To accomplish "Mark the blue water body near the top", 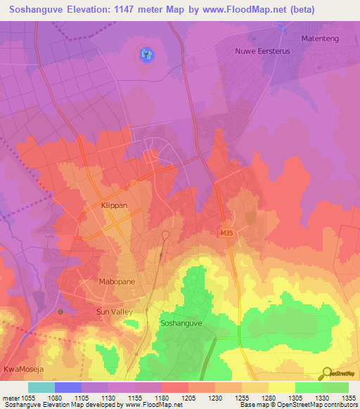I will pos(146,54).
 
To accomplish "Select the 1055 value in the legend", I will pos(27,397).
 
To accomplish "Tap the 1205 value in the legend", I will pos(188,397).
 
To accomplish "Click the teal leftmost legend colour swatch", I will pos(41,387).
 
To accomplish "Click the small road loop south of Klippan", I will pos(166,235).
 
